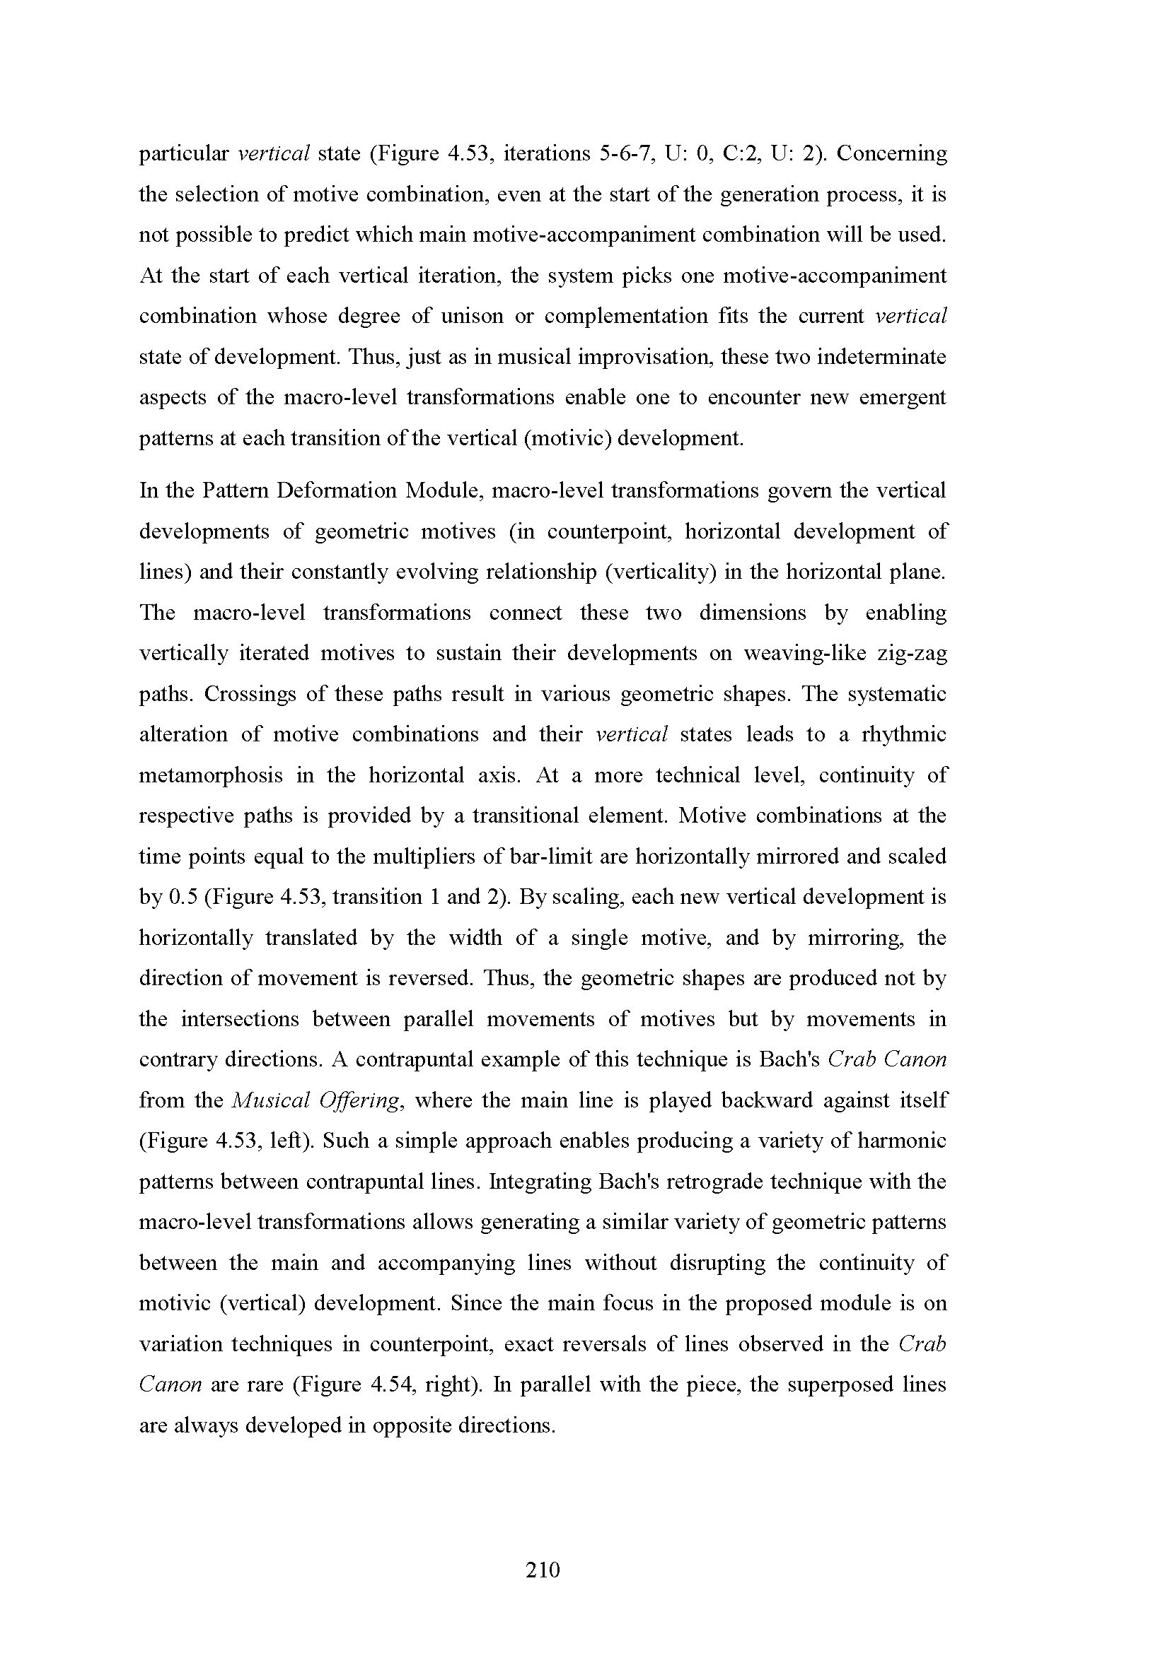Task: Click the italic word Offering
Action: click(x=368, y=1101)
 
